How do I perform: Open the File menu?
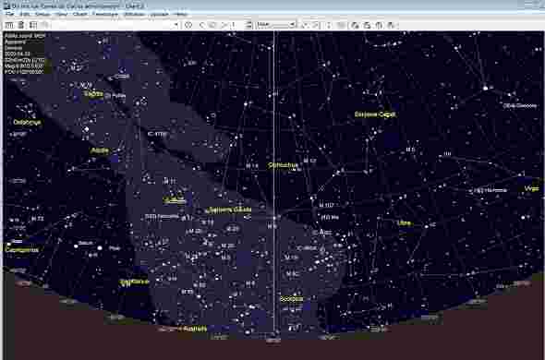(x=10, y=15)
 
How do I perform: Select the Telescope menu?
(x=104, y=15)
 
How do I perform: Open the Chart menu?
(x=79, y=15)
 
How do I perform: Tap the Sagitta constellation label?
(x=93, y=93)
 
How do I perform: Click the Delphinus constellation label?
(x=27, y=121)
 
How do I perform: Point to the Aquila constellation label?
(x=101, y=149)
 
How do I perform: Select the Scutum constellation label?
(x=175, y=199)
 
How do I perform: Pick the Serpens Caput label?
(x=375, y=114)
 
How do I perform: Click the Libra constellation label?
(x=404, y=222)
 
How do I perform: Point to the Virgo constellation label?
(x=531, y=189)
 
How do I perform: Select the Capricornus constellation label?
(x=22, y=249)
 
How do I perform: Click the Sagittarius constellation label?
(x=135, y=282)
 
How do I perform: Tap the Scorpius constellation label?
(x=291, y=299)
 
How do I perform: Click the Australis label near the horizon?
(x=196, y=328)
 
